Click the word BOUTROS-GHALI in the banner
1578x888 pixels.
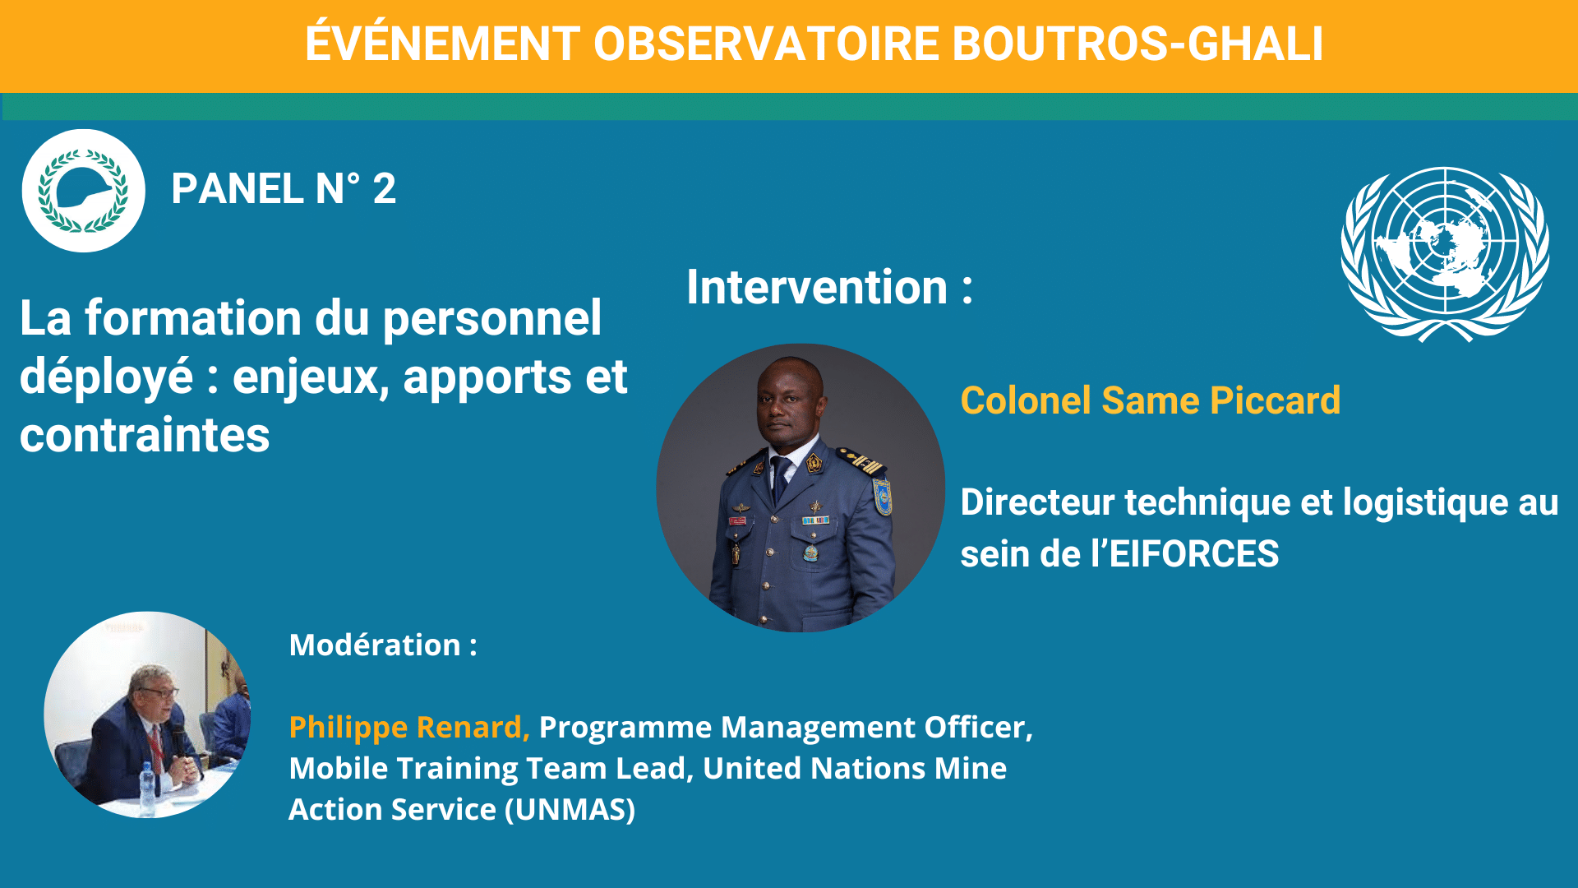point(1137,44)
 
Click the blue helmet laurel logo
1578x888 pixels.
point(83,191)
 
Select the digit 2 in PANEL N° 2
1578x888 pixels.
point(385,189)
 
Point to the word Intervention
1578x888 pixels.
point(817,287)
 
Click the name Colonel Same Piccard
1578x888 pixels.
point(1151,400)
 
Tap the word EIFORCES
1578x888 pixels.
point(1194,554)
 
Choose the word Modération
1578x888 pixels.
point(375,645)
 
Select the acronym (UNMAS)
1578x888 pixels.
point(570,810)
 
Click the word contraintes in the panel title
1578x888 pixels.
point(145,435)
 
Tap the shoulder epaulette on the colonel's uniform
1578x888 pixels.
point(860,461)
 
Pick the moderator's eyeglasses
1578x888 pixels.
point(159,692)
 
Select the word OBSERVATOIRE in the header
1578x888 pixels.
point(766,44)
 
